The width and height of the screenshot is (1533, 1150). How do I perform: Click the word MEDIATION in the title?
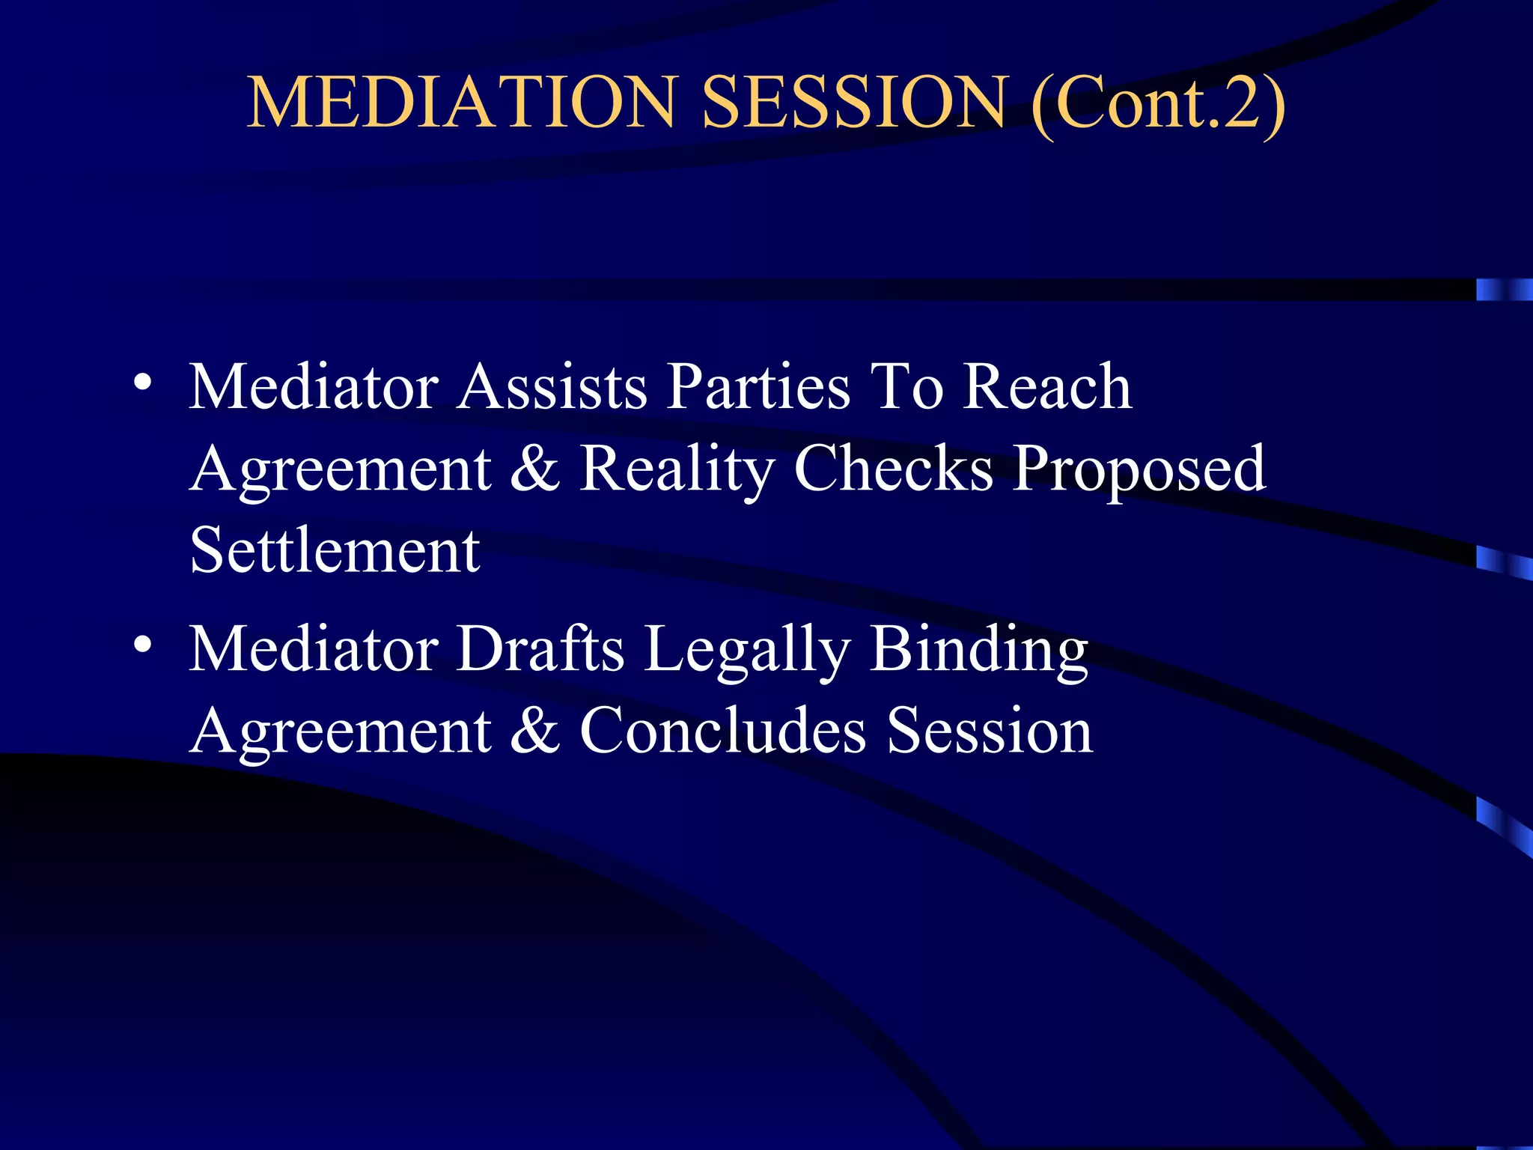tap(463, 103)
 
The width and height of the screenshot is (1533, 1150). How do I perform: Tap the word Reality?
tap(677, 470)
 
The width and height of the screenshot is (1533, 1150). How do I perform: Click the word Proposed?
tap(1139, 470)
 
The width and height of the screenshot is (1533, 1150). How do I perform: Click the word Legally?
tap(746, 650)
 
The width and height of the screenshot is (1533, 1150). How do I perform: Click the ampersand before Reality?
tap(534, 469)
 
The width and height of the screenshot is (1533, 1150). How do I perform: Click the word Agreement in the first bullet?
tap(341, 470)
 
